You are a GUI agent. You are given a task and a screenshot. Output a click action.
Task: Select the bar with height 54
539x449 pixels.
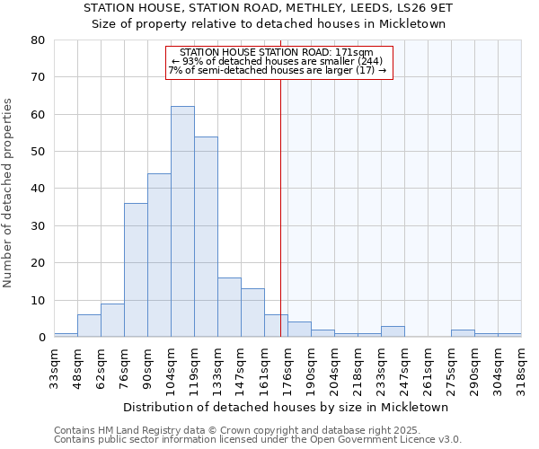(x=206, y=237)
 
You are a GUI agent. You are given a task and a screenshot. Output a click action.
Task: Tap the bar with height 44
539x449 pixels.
(x=159, y=255)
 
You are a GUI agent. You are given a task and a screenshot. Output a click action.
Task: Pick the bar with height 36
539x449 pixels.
(x=136, y=270)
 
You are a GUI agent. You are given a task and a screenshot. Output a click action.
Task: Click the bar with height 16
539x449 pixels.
(x=229, y=307)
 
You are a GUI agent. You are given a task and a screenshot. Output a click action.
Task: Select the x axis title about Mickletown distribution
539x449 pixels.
(x=286, y=407)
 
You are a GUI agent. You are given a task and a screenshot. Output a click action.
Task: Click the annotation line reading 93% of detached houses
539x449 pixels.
(x=277, y=61)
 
